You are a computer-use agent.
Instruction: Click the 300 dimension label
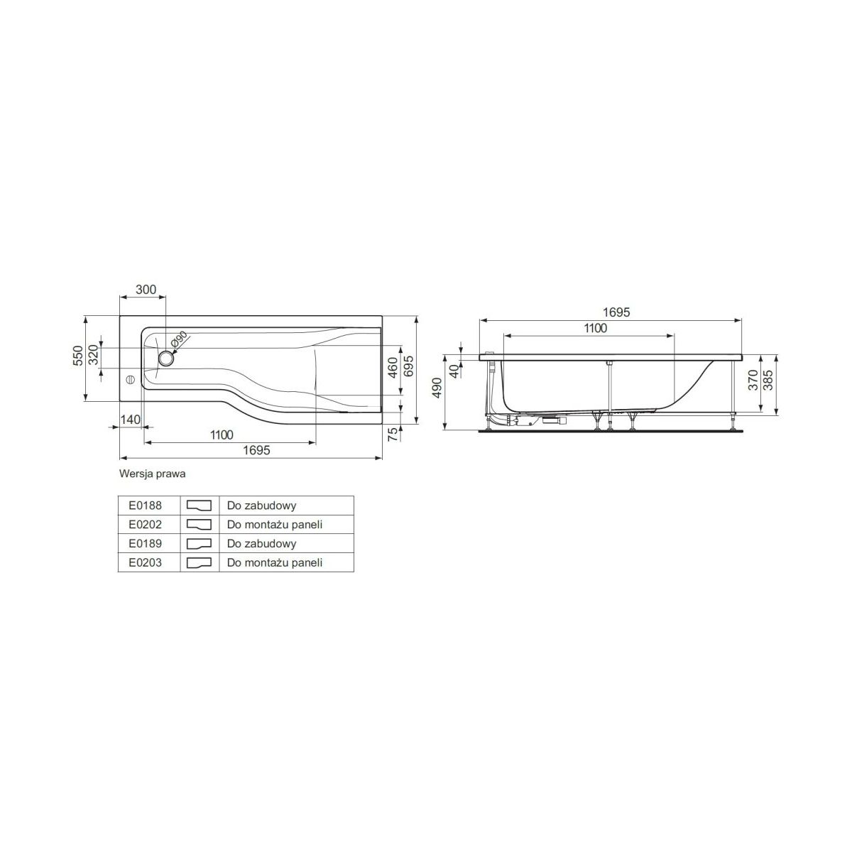tap(146, 290)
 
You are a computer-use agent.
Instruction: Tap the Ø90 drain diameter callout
tap(180, 339)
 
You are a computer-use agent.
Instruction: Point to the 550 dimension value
tap(78, 356)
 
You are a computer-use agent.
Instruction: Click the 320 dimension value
tap(93, 354)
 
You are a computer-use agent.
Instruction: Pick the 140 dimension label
tap(130, 419)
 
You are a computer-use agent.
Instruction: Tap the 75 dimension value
tap(393, 435)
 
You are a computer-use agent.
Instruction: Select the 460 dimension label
tap(393, 368)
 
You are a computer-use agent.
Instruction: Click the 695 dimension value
tap(408, 366)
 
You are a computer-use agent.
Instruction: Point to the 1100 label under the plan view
tap(222, 435)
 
